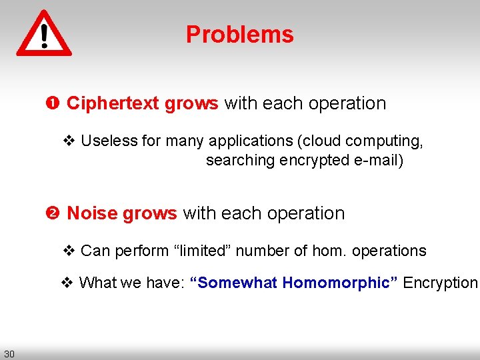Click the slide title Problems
point(239,35)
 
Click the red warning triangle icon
point(44,33)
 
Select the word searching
point(240,160)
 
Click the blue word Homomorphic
point(340,283)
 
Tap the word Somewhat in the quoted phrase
point(234,283)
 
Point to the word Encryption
point(440,283)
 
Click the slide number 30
point(9,353)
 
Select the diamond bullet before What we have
point(67,283)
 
